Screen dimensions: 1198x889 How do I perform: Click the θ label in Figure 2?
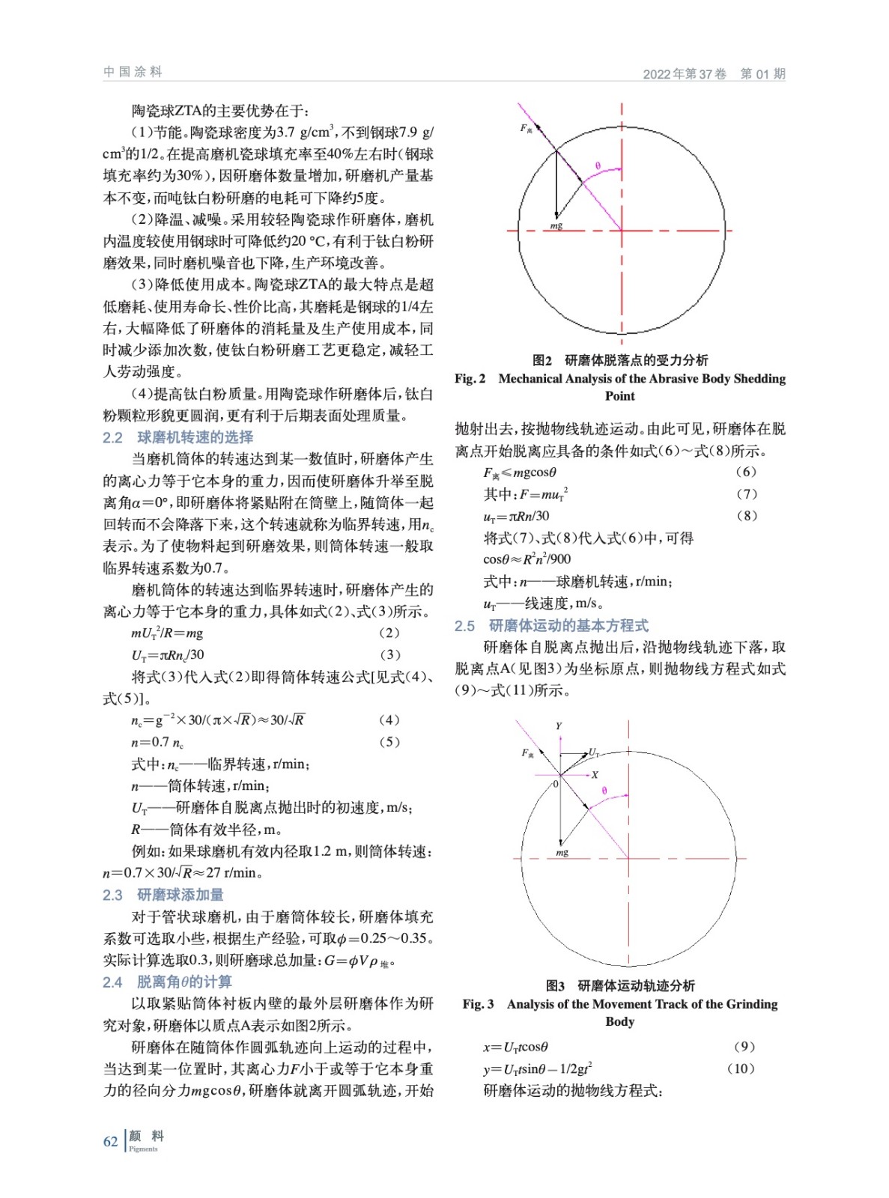pos(598,165)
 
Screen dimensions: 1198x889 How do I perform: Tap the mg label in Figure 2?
pos(556,225)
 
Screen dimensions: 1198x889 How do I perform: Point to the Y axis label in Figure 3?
pos(559,726)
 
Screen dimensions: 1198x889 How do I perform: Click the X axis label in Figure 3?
pos(595,775)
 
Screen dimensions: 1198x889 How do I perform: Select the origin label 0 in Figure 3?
pos(556,784)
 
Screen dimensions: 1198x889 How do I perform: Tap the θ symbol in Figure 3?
pos(604,791)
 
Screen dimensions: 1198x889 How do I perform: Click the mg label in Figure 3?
pos(562,852)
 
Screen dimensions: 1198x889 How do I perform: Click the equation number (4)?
pos(389,720)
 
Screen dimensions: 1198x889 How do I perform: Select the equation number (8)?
pos(746,515)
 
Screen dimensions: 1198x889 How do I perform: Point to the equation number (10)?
pos(741,1068)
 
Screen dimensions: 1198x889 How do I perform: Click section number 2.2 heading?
pos(113,437)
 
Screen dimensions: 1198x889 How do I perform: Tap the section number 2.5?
pos(465,626)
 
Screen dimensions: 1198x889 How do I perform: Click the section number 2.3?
pos(113,895)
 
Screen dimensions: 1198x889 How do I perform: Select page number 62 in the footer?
pos(111,1141)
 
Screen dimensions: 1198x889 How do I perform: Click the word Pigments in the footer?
pos(143,1149)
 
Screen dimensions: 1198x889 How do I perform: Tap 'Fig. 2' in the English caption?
pos(470,378)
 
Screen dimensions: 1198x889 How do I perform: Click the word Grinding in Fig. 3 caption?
pos(752,1004)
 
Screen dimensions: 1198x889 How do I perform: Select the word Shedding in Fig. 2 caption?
pos(759,378)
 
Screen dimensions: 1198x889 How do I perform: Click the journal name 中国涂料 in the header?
pos(133,72)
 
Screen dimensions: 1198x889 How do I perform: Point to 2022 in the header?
pos(657,74)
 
